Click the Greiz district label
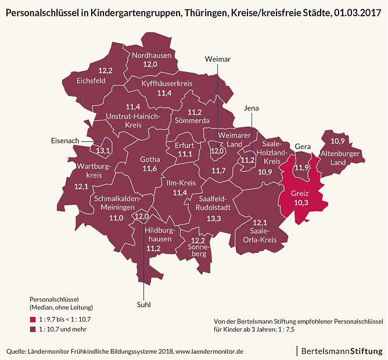click(299, 193)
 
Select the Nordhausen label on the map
click(151, 55)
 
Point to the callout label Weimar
click(218, 59)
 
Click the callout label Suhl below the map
click(143, 304)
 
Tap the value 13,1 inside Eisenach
click(104, 151)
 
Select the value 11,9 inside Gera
click(301, 167)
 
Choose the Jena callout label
click(252, 108)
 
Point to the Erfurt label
click(185, 145)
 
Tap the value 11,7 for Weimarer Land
click(218, 170)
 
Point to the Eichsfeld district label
click(91, 81)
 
